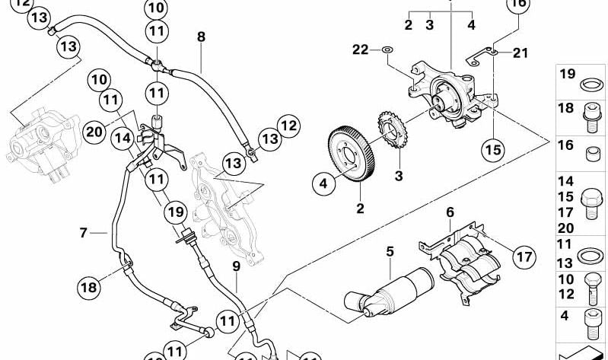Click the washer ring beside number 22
click(387, 51)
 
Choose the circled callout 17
click(523, 257)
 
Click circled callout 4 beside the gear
click(323, 183)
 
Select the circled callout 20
click(94, 132)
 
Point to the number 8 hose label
click(201, 36)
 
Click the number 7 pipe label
click(83, 233)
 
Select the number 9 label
click(236, 266)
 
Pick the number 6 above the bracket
click(450, 212)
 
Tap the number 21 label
click(520, 52)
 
